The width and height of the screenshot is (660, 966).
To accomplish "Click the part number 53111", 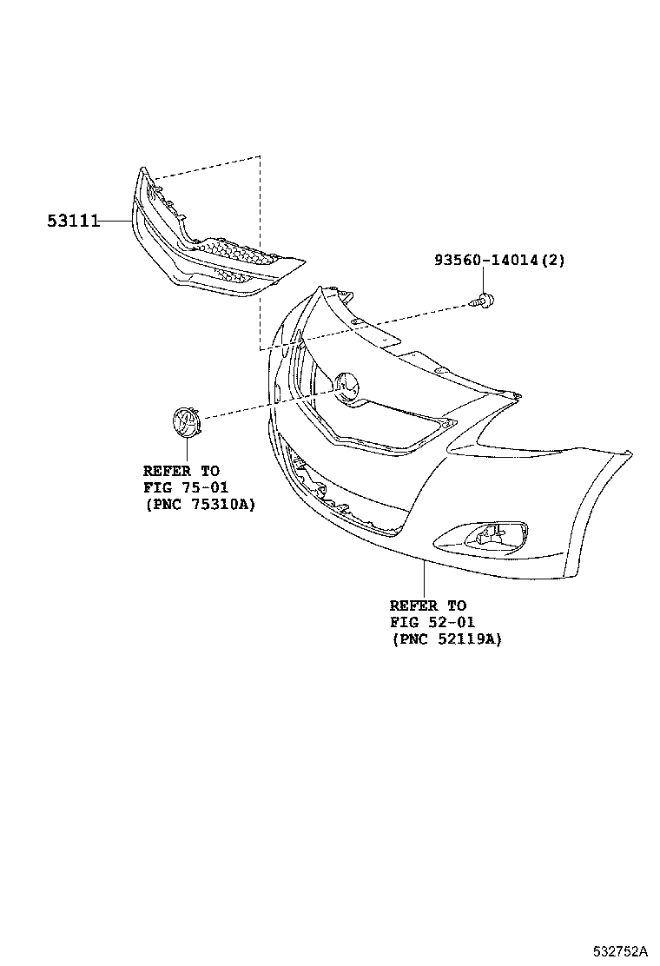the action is (73, 222).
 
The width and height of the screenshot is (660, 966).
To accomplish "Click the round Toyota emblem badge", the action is (185, 421).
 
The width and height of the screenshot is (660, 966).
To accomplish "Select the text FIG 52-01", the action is (432, 622).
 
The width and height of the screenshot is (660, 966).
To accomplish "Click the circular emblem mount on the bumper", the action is (346, 385).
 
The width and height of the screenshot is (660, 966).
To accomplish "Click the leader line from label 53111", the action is (115, 222).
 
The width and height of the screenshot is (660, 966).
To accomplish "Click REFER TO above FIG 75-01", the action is (181, 471).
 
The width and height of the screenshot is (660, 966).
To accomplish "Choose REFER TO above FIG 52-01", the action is (428, 605).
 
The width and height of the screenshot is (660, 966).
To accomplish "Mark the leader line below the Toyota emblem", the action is (185, 451).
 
